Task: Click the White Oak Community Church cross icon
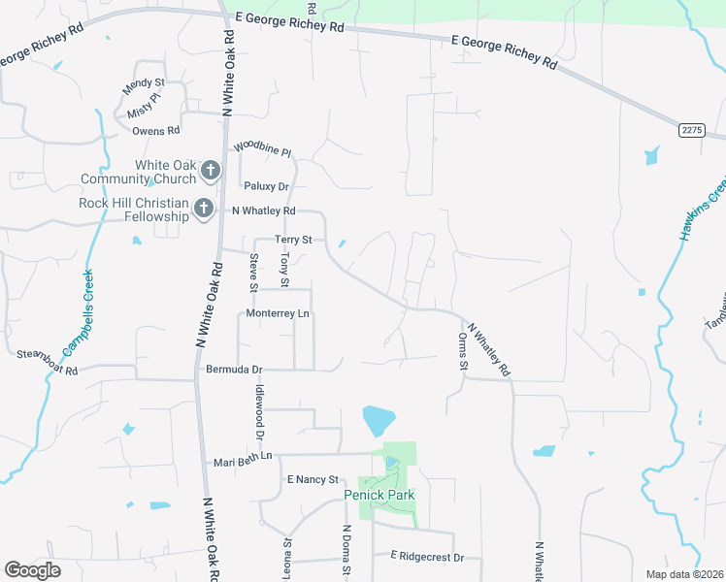coord(210,172)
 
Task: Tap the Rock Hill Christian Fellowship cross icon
coord(204,209)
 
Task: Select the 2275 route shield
coord(691,130)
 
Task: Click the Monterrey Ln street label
coord(278,314)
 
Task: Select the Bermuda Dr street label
coord(235,370)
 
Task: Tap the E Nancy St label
coord(312,479)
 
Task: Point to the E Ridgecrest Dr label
coord(428,557)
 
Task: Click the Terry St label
coord(293,239)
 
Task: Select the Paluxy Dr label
coord(267,186)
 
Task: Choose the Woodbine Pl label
coord(262,149)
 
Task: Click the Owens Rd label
coord(156,130)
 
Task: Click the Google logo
coord(32,570)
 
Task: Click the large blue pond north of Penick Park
coord(378,421)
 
